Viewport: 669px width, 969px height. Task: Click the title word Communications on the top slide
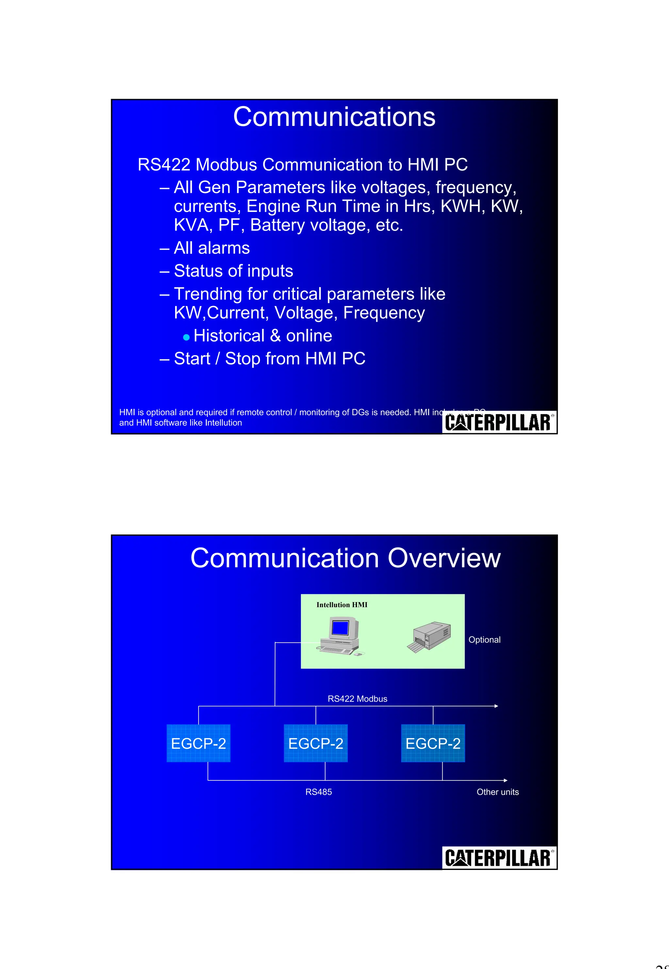(x=334, y=117)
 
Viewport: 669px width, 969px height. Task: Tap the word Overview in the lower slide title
(x=444, y=558)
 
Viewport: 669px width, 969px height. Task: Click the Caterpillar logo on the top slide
(x=499, y=422)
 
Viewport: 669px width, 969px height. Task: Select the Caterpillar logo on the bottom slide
(x=499, y=858)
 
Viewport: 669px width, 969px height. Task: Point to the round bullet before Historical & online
(x=187, y=337)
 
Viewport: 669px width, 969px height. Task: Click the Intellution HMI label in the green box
(x=342, y=605)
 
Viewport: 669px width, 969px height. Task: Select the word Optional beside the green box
(x=484, y=640)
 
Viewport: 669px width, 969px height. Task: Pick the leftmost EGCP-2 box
(x=198, y=743)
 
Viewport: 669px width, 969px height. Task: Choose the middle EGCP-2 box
(x=316, y=743)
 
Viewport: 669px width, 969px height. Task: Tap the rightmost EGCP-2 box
(x=433, y=743)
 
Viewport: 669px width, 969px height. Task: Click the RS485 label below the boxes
(x=318, y=792)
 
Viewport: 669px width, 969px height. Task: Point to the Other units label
(x=498, y=792)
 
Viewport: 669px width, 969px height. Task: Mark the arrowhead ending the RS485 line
(x=506, y=780)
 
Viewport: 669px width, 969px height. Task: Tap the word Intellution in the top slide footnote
(x=223, y=423)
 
